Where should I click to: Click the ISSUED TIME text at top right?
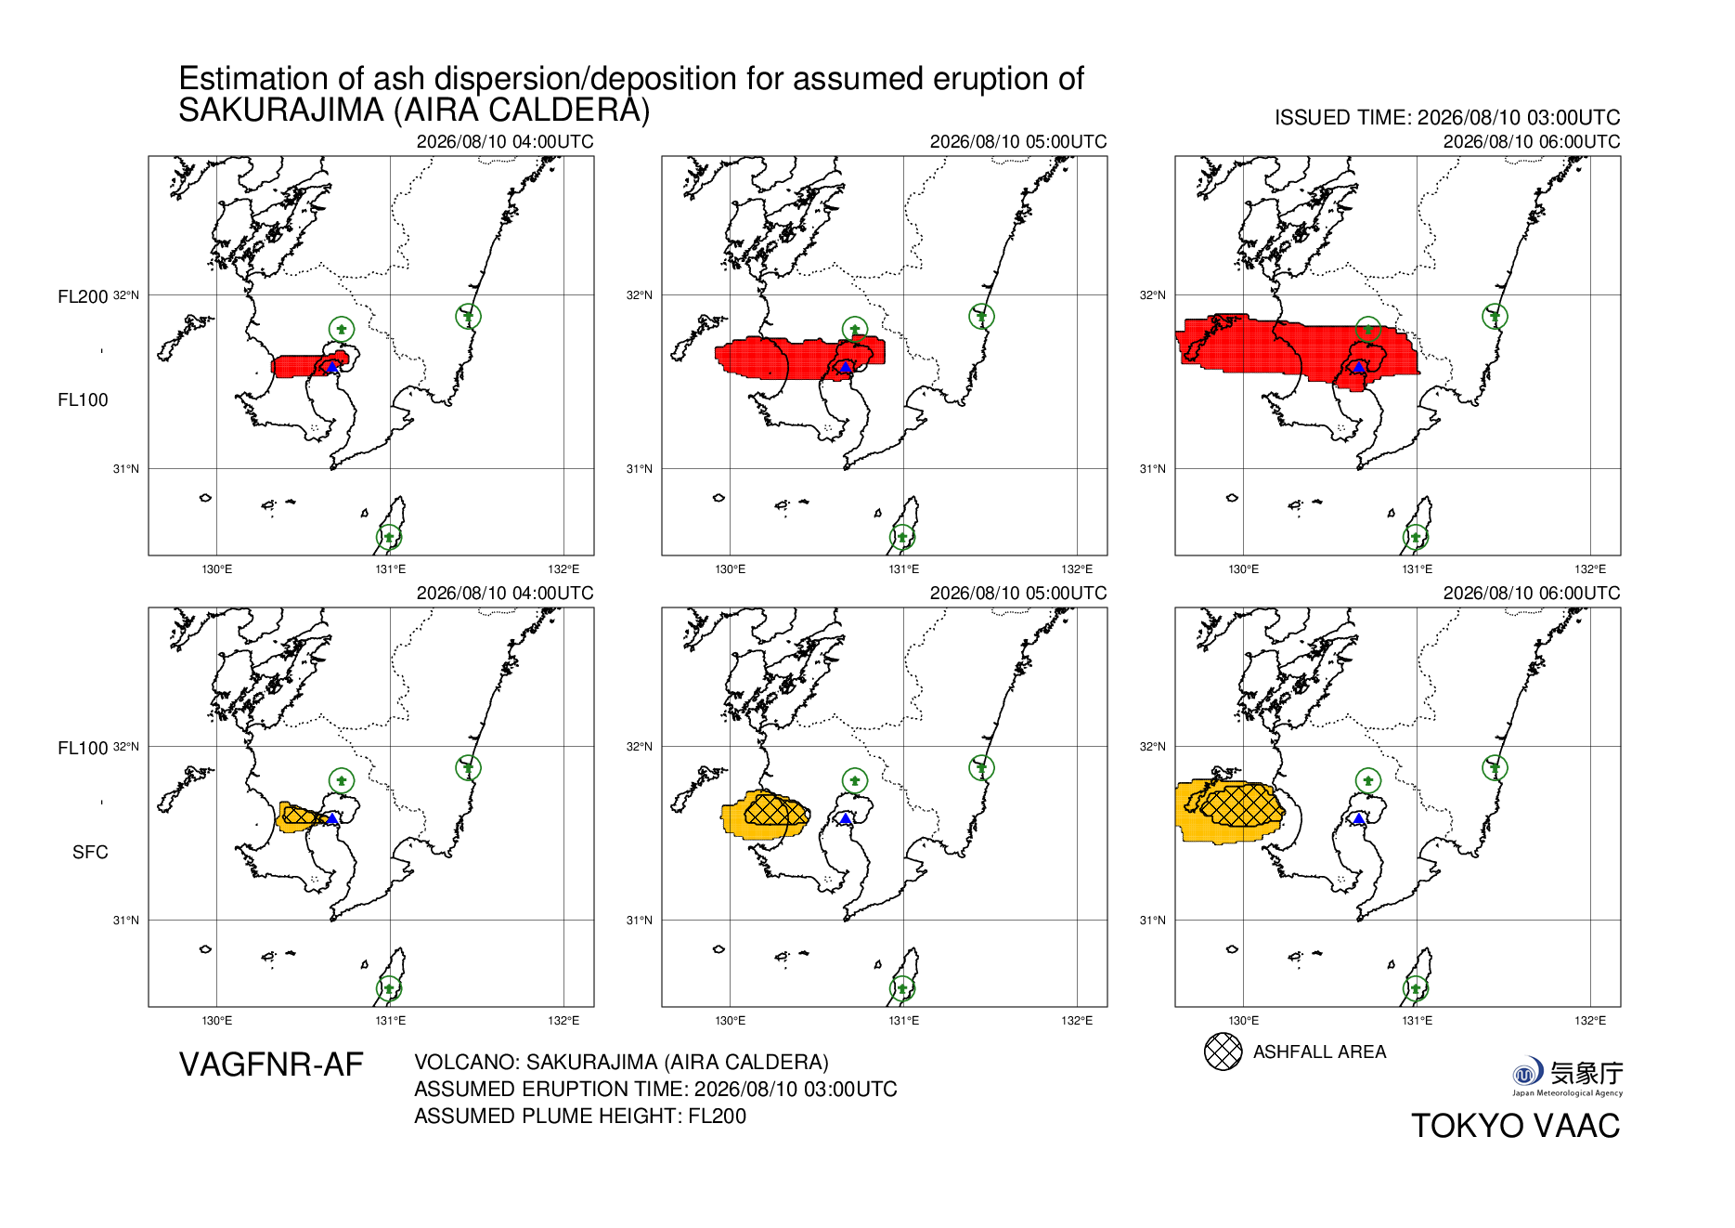point(1447,118)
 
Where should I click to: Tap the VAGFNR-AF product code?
point(271,1065)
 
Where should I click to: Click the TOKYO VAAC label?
point(1516,1126)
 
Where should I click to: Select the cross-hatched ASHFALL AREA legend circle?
point(1223,1052)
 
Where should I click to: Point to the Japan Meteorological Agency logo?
point(1567,1077)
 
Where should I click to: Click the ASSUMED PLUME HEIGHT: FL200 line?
point(580,1117)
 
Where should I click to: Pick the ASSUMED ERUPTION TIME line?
point(655,1090)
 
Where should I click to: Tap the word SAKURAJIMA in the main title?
point(281,111)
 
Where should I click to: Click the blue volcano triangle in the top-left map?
point(331,367)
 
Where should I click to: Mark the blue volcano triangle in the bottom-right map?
point(1359,818)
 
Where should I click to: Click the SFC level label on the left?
point(90,853)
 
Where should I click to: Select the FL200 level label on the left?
point(83,297)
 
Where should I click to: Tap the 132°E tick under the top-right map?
point(1590,569)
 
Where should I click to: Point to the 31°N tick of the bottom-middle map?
point(640,921)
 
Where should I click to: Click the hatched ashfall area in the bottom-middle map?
point(776,810)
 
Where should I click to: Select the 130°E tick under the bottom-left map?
point(217,1021)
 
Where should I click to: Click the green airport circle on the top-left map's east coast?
point(469,317)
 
